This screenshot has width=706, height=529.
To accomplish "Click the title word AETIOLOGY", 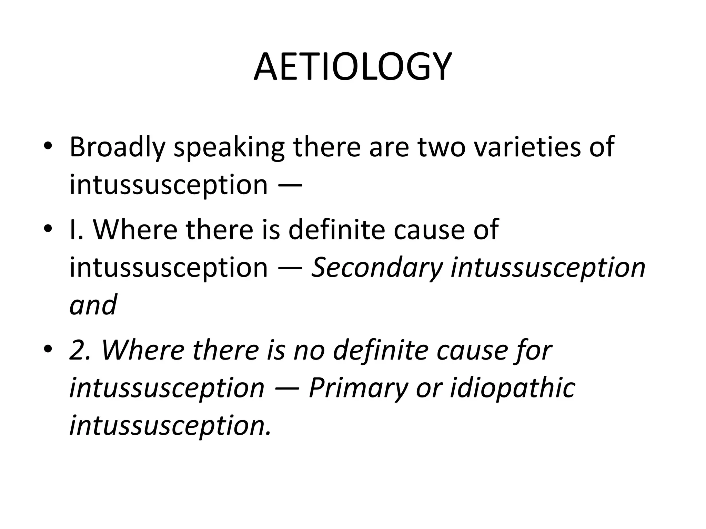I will coord(352,67).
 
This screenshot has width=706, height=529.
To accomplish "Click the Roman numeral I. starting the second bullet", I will coord(76,229).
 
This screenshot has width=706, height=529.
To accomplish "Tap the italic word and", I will coord(93,305).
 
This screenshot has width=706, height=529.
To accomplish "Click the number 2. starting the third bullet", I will coord(80,350).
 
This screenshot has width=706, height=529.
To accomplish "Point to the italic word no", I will coord(309,350).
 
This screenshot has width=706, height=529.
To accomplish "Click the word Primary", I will coord(358,388).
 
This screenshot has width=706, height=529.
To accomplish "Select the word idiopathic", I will coord(513,388).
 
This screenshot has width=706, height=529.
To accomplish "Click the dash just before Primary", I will coord(287,388).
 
